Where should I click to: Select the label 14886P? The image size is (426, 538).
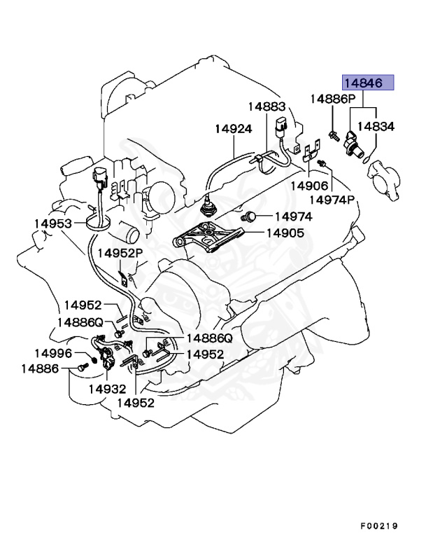333,99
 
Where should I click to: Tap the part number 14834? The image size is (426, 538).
376,127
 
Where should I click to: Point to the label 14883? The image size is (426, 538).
266,106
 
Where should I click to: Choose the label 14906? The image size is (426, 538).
310,186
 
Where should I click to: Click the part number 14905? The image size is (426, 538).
284,233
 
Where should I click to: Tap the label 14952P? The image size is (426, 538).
120,252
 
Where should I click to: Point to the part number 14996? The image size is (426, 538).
54,353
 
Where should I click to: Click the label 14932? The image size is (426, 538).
107,388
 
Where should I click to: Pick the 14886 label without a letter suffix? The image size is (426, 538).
39,368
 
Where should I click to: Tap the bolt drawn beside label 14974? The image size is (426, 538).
249,216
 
